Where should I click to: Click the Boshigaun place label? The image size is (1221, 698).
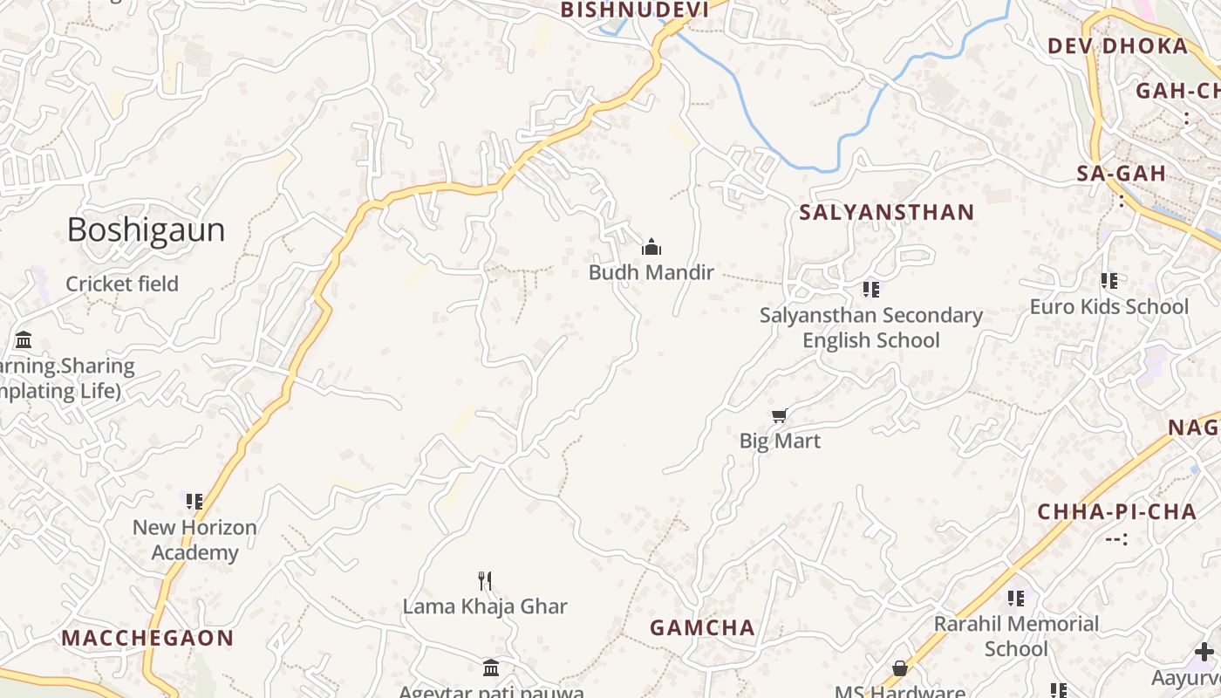(x=146, y=229)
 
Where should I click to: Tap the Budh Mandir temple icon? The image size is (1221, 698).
(x=651, y=248)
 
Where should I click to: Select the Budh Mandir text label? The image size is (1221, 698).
(x=651, y=272)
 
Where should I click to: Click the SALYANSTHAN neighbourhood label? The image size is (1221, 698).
(x=887, y=212)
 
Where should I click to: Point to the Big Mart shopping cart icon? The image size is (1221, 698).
(x=780, y=416)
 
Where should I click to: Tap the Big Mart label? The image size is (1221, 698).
(x=780, y=441)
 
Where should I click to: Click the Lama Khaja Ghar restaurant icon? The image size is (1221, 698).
(x=486, y=580)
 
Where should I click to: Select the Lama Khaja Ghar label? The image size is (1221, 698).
(x=485, y=606)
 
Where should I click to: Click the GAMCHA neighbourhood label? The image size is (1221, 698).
(x=703, y=627)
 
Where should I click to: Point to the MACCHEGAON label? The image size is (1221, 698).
(x=147, y=638)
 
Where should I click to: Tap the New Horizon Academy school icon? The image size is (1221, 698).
(x=194, y=501)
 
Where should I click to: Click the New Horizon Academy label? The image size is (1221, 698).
(x=194, y=539)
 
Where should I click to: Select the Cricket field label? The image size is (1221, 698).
(x=122, y=284)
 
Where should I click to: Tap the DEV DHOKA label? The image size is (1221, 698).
(x=1117, y=46)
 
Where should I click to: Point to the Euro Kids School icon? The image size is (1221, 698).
(x=1109, y=281)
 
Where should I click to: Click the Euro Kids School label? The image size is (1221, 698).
(x=1109, y=306)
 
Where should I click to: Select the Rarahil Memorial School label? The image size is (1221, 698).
(x=1016, y=636)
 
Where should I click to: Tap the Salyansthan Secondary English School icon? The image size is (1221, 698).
(x=870, y=289)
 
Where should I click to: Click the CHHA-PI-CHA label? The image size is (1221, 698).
(x=1116, y=512)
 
